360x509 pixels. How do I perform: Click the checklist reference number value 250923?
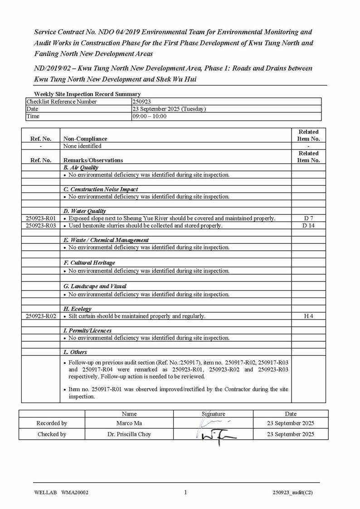pyautogui.click(x=141, y=102)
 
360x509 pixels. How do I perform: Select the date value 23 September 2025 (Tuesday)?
pyautogui.click(x=169, y=109)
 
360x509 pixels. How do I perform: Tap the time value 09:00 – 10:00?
pyautogui.click(x=150, y=116)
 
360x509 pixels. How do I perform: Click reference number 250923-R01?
pyautogui.click(x=41, y=218)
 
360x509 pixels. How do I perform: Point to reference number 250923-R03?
pyautogui.click(x=41, y=225)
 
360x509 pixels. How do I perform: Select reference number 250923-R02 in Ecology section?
pyautogui.click(x=41, y=316)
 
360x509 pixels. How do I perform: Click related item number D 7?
pyautogui.click(x=308, y=218)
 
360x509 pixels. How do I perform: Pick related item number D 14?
pyautogui.click(x=308, y=225)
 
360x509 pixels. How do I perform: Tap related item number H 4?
pyautogui.click(x=308, y=316)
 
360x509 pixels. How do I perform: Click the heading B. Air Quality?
pyautogui.click(x=81, y=168)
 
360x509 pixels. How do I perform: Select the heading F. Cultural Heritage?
pyautogui.click(x=89, y=263)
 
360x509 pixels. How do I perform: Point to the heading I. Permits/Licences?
pyautogui.click(x=87, y=331)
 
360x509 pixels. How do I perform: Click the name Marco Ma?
pyautogui.click(x=129, y=423)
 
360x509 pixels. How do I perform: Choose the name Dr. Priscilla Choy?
pyautogui.click(x=129, y=434)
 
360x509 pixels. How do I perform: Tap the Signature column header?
pyautogui.click(x=213, y=413)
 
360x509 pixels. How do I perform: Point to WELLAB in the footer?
pyautogui.click(x=45, y=493)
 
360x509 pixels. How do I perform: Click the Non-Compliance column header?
pyautogui.click(x=85, y=139)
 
